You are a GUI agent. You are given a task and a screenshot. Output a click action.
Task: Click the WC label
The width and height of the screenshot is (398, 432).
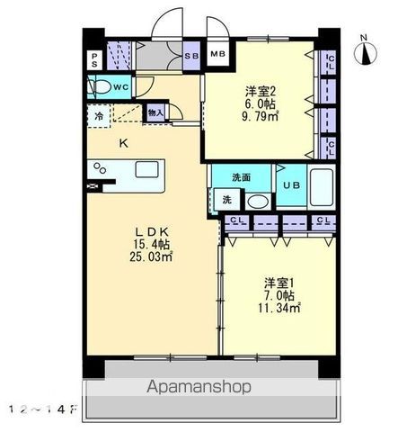coord(121,86)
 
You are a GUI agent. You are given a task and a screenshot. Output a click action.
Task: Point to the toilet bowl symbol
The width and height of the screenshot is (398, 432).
coord(101,86)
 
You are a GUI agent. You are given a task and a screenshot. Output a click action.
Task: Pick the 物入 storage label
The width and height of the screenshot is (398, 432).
coord(155,113)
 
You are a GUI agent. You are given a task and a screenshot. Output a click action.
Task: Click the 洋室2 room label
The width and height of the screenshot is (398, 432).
coord(260,90)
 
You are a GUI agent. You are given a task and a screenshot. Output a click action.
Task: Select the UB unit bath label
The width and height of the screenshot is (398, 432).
coord(292,185)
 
